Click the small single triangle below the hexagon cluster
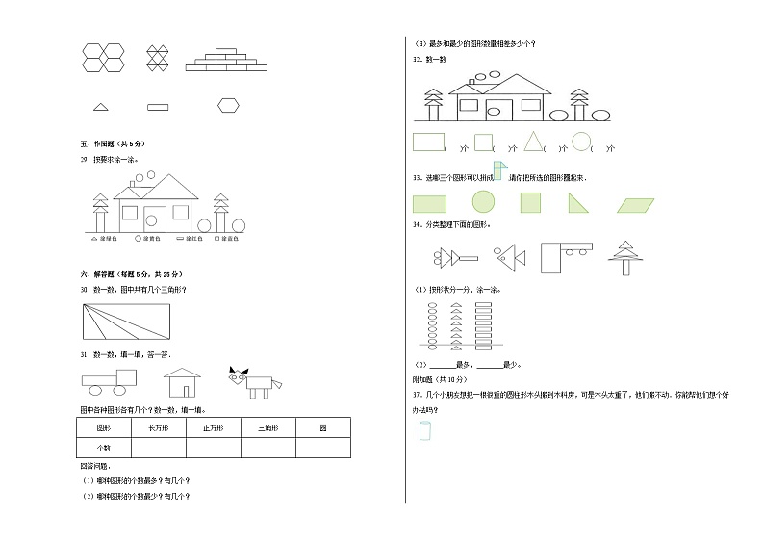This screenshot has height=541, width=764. click(x=100, y=106)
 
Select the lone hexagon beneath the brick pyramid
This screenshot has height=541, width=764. click(x=228, y=105)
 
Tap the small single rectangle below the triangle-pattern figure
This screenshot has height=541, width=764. click(x=158, y=106)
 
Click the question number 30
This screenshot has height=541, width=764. click(x=85, y=289)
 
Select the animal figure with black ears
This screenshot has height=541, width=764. click(x=254, y=380)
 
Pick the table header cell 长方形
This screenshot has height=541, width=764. click(x=159, y=427)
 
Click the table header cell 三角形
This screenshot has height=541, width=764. click(x=267, y=427)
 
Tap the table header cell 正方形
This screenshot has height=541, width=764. click(x=214, y=427)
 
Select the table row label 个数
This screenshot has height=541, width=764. click(x=104, y=448)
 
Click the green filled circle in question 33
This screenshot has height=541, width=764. click(x=482, y=201)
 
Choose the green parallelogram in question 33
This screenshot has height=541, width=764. click(x=634, y=203)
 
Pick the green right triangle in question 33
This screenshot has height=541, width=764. click(x=578, y=202)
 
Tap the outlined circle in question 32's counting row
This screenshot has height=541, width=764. click(x=580, y=142)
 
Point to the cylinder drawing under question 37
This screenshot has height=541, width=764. click(x=424, y=431)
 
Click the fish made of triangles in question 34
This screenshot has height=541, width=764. click(x=507, y=256)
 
